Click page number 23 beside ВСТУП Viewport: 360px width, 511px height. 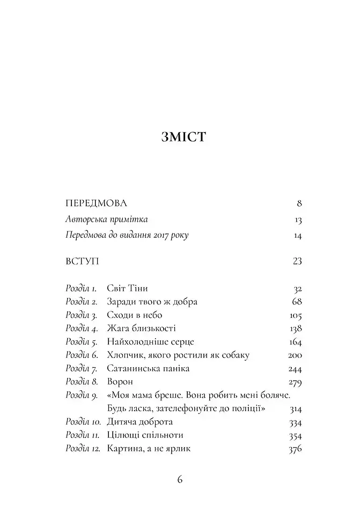pos(297,261)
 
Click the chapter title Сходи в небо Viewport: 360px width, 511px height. pos(134,315)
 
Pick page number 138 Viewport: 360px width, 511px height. pos(295,328)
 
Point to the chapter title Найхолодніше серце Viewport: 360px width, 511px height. pos(150,342)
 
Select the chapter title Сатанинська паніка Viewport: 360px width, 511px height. pos(148,369)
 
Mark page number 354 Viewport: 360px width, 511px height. pos(295,435)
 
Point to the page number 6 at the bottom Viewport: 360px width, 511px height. pos(180,479)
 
